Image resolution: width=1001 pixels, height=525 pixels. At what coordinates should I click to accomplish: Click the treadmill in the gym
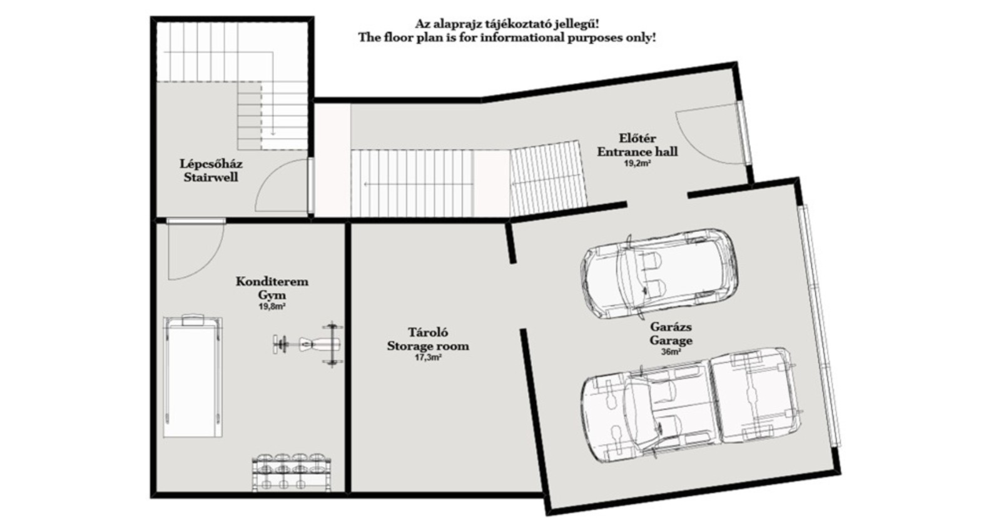click(193, 376)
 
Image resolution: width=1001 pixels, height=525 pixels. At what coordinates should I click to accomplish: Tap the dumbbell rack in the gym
click(292, 472)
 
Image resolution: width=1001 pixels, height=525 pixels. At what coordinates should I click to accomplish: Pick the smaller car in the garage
click(659, 274)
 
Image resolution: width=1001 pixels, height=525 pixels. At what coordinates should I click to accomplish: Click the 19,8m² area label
click(272, 307)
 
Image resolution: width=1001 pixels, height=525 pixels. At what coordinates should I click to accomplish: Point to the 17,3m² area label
click(428, 357)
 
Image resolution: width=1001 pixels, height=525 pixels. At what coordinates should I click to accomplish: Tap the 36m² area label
click(671, 352)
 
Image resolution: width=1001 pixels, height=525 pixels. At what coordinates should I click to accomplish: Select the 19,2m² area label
click(637, 163)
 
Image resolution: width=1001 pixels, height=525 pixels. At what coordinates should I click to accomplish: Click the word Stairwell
click(211, 177)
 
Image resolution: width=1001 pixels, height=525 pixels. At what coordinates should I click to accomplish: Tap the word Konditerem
click(272, 282)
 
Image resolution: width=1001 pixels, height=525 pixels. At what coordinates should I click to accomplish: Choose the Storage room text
click(428, 346)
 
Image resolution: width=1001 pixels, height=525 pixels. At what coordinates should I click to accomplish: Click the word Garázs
click(671, 327)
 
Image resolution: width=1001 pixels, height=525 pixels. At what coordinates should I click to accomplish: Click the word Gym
click(272, 295)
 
